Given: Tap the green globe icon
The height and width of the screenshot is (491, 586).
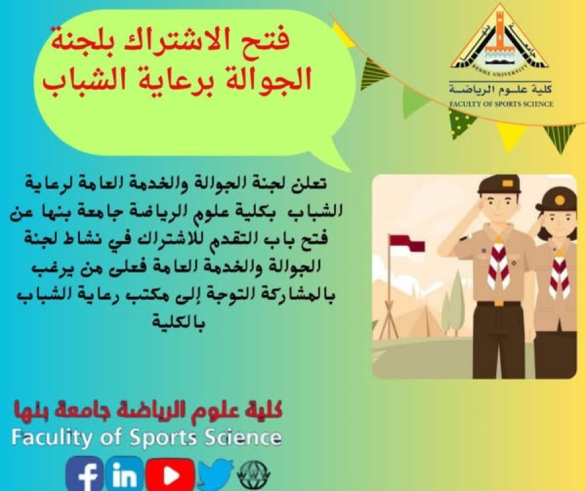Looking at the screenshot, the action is (x=254, y=475).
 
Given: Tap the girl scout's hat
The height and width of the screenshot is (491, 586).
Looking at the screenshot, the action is (x=557, y=198).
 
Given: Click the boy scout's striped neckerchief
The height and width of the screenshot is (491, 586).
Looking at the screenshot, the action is (x=499, y=263).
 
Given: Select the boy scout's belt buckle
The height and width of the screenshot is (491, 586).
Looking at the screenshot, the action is (x=499, y=303).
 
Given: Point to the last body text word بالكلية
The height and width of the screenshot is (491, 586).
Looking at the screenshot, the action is (x=178, y=321).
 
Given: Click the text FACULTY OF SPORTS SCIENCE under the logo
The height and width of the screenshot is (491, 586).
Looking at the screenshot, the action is (x=501, y=104).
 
